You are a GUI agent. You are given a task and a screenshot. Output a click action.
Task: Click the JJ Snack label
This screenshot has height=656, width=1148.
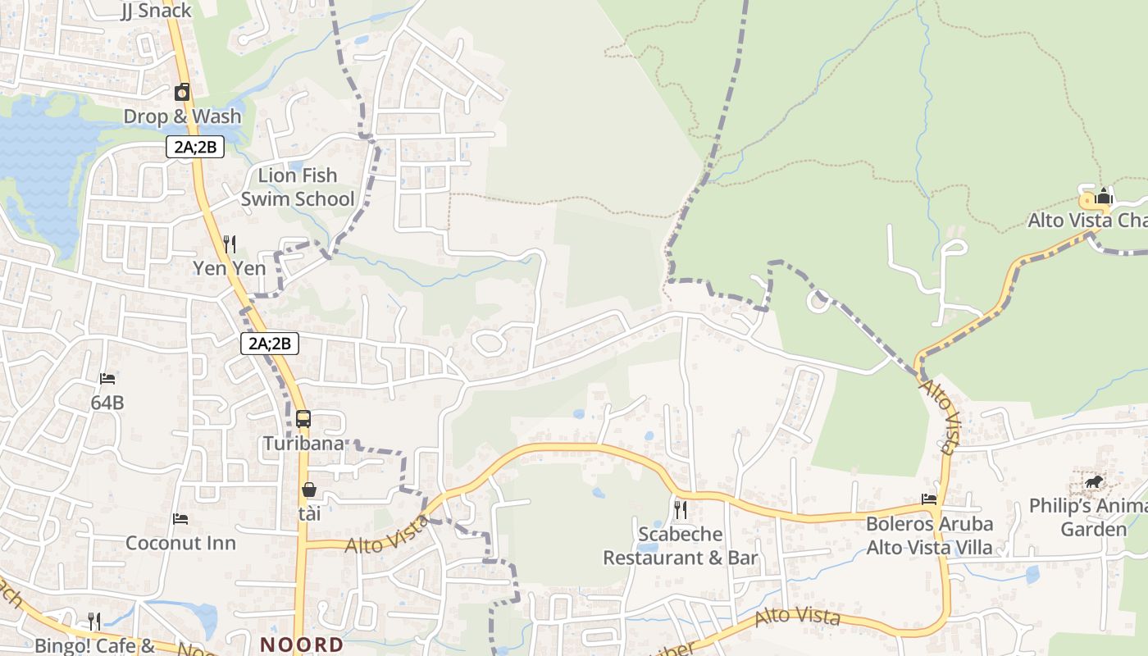(x=155, y=11)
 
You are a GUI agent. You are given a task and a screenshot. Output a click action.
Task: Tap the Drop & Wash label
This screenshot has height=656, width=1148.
(x=182, y=116)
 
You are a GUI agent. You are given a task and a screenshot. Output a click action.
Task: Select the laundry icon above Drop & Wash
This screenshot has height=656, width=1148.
(x=182, y=92)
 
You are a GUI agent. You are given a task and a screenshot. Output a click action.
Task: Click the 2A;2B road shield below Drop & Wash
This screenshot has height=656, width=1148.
(x=194, y=148)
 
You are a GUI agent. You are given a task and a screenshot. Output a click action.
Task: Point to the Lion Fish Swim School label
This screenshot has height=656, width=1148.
(x=297, y=187)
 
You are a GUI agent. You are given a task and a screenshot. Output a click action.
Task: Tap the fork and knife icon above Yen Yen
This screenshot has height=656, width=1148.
(x=230, y=244)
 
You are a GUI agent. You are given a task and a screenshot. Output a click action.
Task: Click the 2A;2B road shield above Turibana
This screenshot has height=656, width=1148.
(x=269, y=344)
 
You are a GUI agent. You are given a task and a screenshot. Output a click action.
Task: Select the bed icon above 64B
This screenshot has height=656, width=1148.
(x=107, y=379)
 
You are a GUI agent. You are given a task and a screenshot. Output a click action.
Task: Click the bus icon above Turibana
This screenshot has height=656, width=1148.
(x=303, y=419)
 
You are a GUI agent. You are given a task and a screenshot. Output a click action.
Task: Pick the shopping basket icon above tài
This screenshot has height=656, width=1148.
(x=309, y=490)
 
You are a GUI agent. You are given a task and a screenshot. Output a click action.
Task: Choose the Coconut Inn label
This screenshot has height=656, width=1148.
(x=180, y=543)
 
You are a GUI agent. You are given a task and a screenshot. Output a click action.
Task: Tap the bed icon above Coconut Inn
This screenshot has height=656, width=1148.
(x=180, y=519)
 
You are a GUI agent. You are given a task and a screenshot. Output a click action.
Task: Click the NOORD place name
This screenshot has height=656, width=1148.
(x=302, y=645)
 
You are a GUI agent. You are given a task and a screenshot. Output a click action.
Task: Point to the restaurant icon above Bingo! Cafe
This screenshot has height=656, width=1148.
(x=94, y=622)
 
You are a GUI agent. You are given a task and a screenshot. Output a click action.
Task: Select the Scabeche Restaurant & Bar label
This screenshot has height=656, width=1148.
(x=681, y=546)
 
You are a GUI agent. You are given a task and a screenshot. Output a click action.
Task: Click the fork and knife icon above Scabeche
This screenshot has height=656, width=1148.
(x=681, y=510)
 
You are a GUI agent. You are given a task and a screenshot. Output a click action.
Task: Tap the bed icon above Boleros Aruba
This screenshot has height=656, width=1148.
(x=929, y=499)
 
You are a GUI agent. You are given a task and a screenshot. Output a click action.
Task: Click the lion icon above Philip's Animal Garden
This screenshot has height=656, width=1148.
(x=1093, y=481)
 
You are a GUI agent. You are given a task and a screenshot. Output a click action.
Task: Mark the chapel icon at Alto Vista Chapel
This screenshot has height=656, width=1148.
(x=1104, y=197)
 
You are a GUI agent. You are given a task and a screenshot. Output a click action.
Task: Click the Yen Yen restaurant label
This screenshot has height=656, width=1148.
(x=230, y=268)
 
